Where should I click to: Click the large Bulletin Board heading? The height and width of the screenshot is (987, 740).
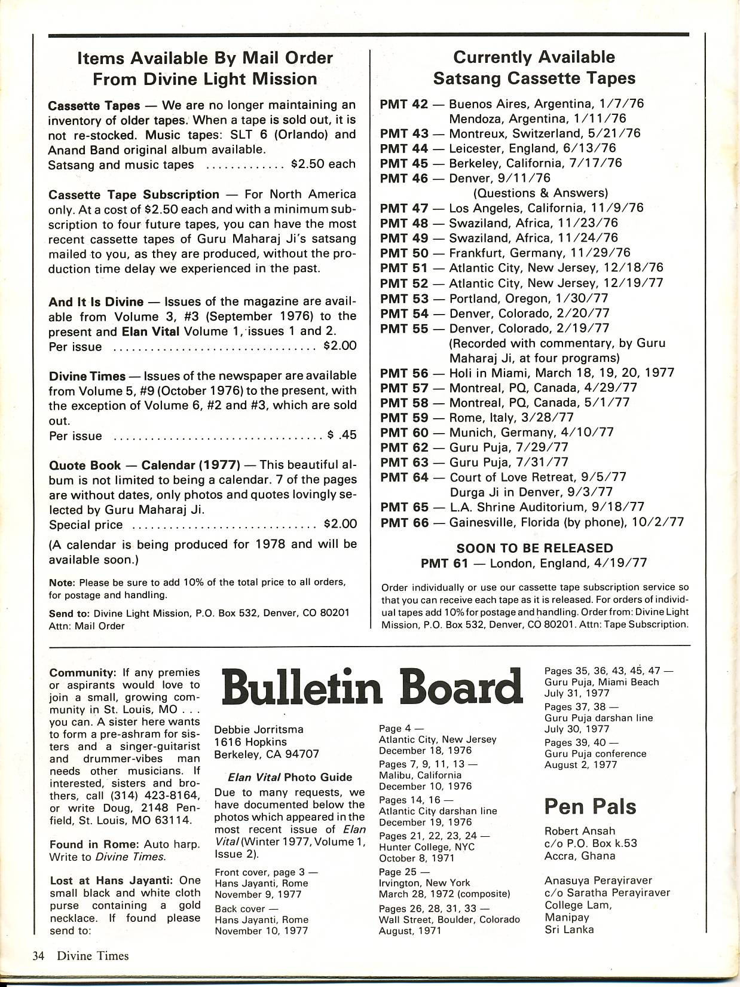coord(371,687)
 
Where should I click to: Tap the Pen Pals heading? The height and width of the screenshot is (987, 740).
coord(590,807)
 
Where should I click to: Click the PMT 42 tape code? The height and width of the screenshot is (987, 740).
coord(404,103)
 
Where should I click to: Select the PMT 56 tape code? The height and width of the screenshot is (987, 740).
coord(404,373)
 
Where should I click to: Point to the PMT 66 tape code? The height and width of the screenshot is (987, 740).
coord(404,522)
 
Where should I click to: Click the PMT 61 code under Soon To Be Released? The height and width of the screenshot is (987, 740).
coord(446,563)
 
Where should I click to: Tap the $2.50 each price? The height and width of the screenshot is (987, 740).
coord(323,164)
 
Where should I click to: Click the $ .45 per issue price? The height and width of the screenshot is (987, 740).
coord(342,435)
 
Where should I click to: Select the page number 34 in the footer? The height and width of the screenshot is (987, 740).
coord(39,955)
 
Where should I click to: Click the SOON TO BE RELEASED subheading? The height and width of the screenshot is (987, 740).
coord(534,548)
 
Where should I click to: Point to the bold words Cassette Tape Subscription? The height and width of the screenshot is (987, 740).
coord(134,194)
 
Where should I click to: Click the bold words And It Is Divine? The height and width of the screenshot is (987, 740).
coord(96,301)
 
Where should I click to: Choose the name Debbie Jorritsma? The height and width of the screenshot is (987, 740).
coord(259,729)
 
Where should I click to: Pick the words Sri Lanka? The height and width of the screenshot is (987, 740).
coord(569,929)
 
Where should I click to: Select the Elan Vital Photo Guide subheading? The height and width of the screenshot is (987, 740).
coord(290,777)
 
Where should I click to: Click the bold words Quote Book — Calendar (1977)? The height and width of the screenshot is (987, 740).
coord(144,465)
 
